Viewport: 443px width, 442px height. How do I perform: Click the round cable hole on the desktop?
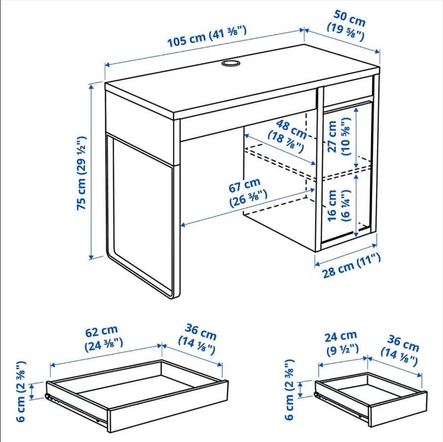click(x=230, y=62)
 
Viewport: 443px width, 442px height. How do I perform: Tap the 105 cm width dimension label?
click(x=207, y=36)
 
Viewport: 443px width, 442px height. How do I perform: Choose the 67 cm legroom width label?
click(x=247, y=192)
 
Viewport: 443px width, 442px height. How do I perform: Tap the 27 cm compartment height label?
click(x=339, y=136)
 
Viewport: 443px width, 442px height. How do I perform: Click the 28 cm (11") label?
click(x=351, y=265)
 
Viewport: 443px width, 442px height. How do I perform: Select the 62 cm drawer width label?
click(x=103, y=338)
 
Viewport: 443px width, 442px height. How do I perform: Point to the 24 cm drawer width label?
click(x=342, y=343)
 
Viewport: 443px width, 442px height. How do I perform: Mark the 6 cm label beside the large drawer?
click(x=21, y=391)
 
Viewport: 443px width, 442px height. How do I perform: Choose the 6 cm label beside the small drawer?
click(x=289, y=390)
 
